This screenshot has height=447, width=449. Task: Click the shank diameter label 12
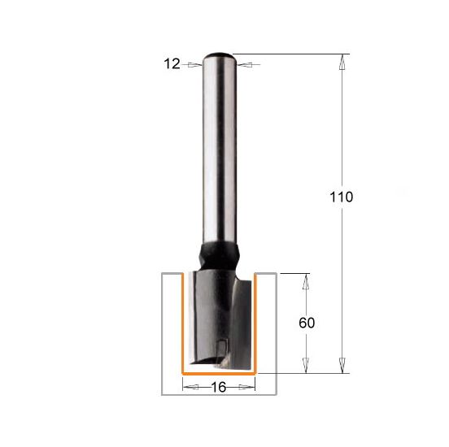coord(172,64)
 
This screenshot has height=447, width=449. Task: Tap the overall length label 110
coord(342,197)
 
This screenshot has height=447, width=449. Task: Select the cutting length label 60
coord(307,323)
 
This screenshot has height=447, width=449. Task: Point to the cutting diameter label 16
coord(219,387)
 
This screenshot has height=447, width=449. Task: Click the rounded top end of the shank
coord(220,55)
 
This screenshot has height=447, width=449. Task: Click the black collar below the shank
coord(220,255)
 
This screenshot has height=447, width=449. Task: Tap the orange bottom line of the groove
coord(219,374)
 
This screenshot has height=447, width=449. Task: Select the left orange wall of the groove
coord(182,323)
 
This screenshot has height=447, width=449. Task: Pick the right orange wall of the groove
coord(255,323)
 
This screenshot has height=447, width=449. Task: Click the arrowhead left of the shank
coord(195,65)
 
